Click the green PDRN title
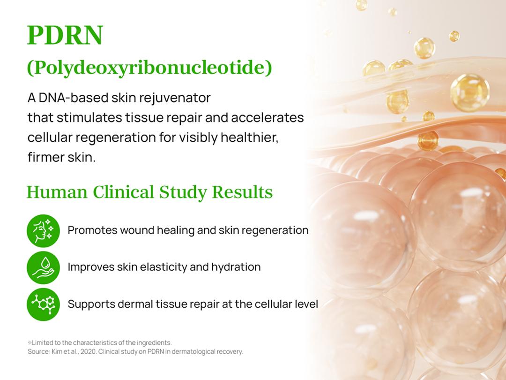pyautogui.click(x=65, y=35)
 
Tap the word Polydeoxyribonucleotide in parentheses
pyautogui.click(x=149, y=68)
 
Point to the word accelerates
pyautogui.click(x=268, y=117)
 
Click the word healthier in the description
pyautogui.click(x=249, y=137)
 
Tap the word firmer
pyautogui.click(x=45, y=157)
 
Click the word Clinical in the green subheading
pyautogui.click(x=124, y=192)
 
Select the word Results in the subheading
pyautogui.click(x=242, y=192)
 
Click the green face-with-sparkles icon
pyautogui.click(x=43, y=231)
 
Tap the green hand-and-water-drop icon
pyautogui.click(x=43, y=267)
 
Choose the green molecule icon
pyautogui.click(x=43, y=304)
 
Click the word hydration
pyautogui.click(x=236, y=267)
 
